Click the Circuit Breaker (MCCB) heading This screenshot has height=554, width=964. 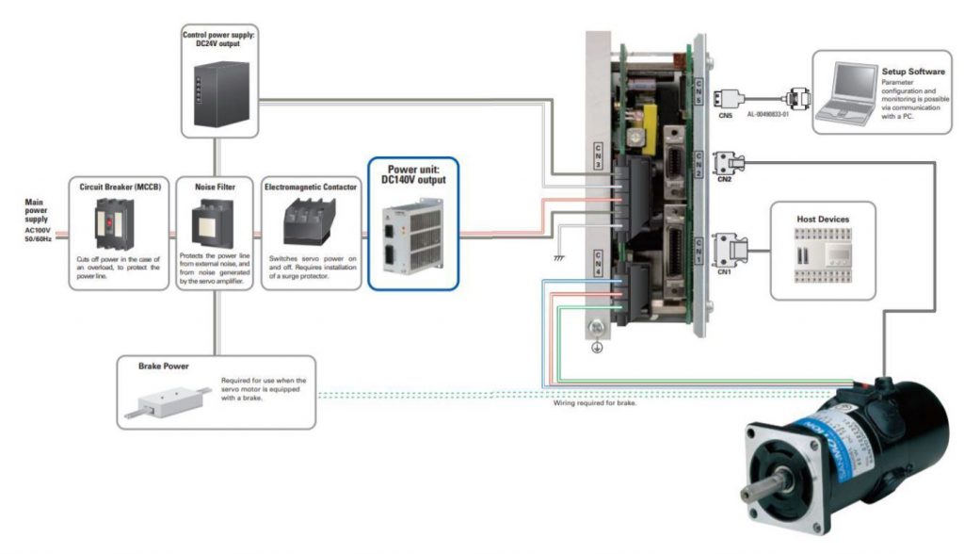114,187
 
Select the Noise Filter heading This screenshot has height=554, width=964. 215,187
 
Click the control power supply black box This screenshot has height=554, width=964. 218,91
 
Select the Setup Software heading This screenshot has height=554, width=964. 912,71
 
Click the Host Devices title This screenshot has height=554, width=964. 822,220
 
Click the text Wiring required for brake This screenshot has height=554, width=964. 594,403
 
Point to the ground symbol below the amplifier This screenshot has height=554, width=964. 594,345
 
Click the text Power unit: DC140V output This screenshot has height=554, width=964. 413,174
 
